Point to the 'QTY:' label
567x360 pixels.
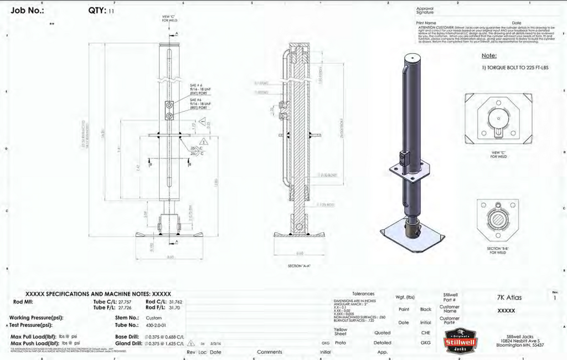click(x=97, y=11)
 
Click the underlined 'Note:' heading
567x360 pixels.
click(x=488, y=55)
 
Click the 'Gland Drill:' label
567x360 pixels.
click(x=128, y=343)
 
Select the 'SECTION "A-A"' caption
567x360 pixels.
click(x=299, y=266)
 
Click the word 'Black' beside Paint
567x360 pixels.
click(x=425, y=310)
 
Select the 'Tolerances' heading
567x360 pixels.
click(x=363, y=294)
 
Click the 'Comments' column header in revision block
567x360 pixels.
click(x=269, y=352)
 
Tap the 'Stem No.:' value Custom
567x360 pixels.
click(x=153, y=318)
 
